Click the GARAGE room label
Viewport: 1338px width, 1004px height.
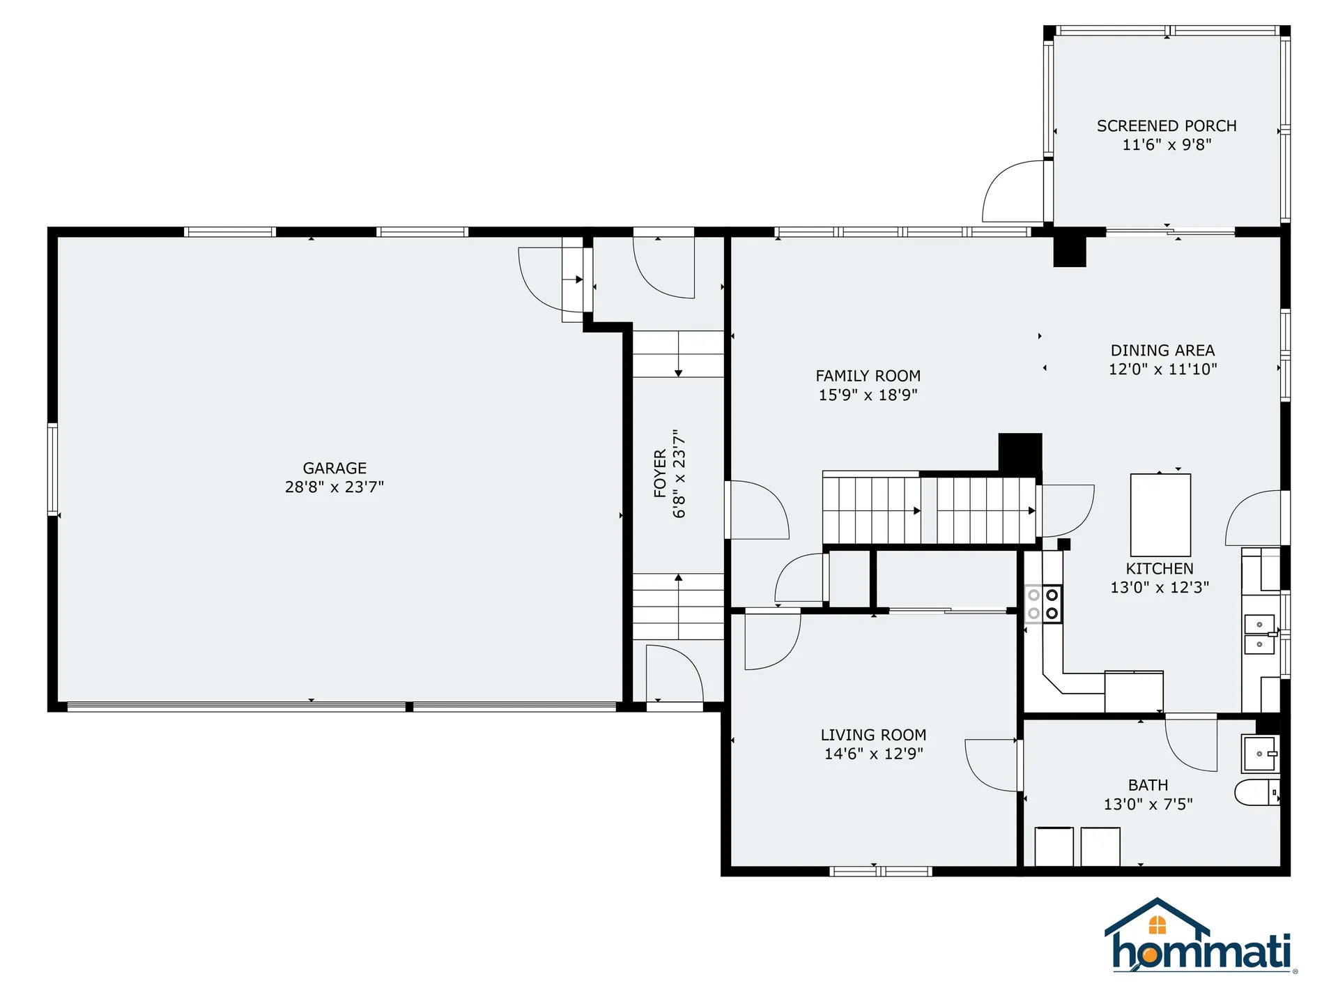tap(334, 468)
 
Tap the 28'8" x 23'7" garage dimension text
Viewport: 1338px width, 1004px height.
tap(334, 487)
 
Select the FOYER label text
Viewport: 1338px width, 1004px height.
tap(660, 473)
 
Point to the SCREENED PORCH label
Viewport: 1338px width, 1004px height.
tap(1166, 125)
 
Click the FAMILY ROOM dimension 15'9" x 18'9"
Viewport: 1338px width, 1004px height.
tap(868, 395)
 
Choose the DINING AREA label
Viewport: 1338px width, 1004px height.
tap(1162, 350)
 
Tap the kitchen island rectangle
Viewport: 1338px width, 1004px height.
tap(1160, 515)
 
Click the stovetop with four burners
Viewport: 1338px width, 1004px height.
tap(1043, 604)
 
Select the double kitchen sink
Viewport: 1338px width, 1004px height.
tap(1259, 634)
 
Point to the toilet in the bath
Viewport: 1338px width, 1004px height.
tap(1257, 793)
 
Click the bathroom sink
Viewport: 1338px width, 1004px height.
tap(1260, 754)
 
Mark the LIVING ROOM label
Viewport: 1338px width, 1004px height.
tap(872, 735)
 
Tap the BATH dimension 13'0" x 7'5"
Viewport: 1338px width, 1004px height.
tap(1148, 804)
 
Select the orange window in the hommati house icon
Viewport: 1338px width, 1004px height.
tap(1157, 925)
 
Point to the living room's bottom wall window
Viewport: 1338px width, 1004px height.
tap(880, 871)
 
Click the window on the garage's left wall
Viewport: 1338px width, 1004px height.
tap(52, 469)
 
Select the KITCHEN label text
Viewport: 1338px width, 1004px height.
tap(1159, 568)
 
